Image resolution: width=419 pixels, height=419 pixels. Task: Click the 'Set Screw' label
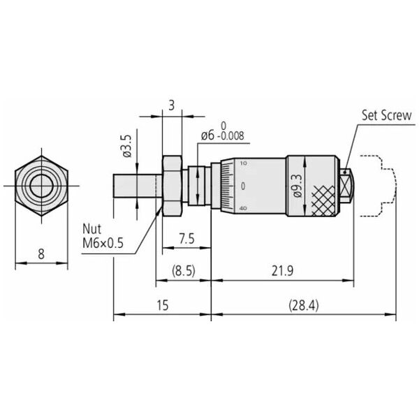[x=386, y=115]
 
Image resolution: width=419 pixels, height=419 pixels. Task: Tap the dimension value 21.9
[x=282, y=271]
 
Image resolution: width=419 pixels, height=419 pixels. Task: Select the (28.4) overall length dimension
[x=304, y=305]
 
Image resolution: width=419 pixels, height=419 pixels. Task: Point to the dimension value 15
[x=163, y=305]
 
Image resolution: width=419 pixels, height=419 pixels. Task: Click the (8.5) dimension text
[x=184, y=271]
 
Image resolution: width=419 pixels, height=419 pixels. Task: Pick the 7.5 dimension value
[x=186, y=239]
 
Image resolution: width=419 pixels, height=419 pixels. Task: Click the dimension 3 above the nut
[x=172, y=105]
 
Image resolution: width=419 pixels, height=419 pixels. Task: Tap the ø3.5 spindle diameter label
[x=127, y=146]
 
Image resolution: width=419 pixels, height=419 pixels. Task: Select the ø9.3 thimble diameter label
[x=297, y=186]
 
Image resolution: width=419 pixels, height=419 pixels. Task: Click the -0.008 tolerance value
[x=231, y=135]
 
